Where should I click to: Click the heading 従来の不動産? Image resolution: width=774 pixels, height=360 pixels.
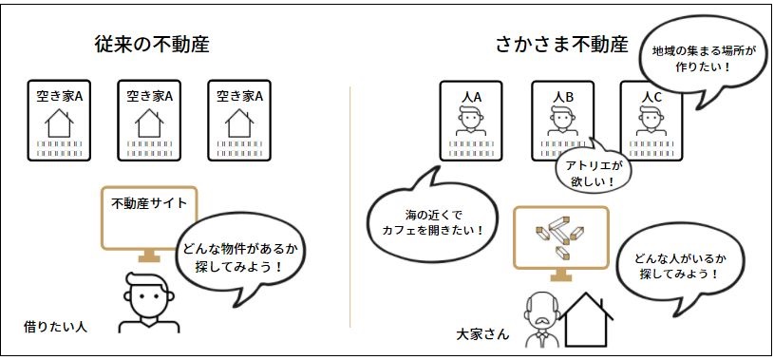[x=152, y=45]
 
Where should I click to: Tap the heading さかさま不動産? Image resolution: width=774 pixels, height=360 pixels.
[x=561, y=45]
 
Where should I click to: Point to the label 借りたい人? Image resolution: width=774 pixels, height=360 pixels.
[x=55, y=327]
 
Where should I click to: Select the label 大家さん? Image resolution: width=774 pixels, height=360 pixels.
[x=483, y=334]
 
